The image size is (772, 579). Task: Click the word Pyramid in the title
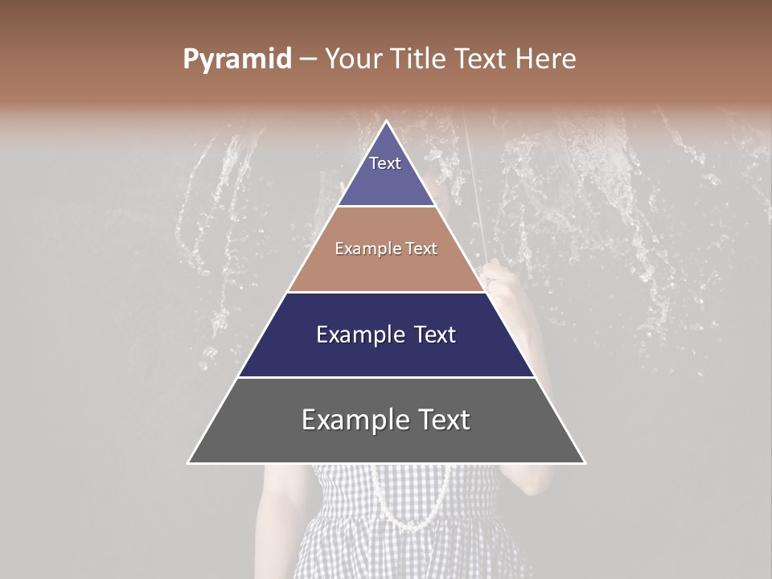[236, 60]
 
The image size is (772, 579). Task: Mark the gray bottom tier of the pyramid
[386, 438]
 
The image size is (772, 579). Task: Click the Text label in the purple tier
[385, 163]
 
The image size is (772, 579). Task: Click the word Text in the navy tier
[434, 335]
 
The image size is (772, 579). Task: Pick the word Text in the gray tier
[444, 420]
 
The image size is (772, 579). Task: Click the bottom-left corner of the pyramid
[189, 462]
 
